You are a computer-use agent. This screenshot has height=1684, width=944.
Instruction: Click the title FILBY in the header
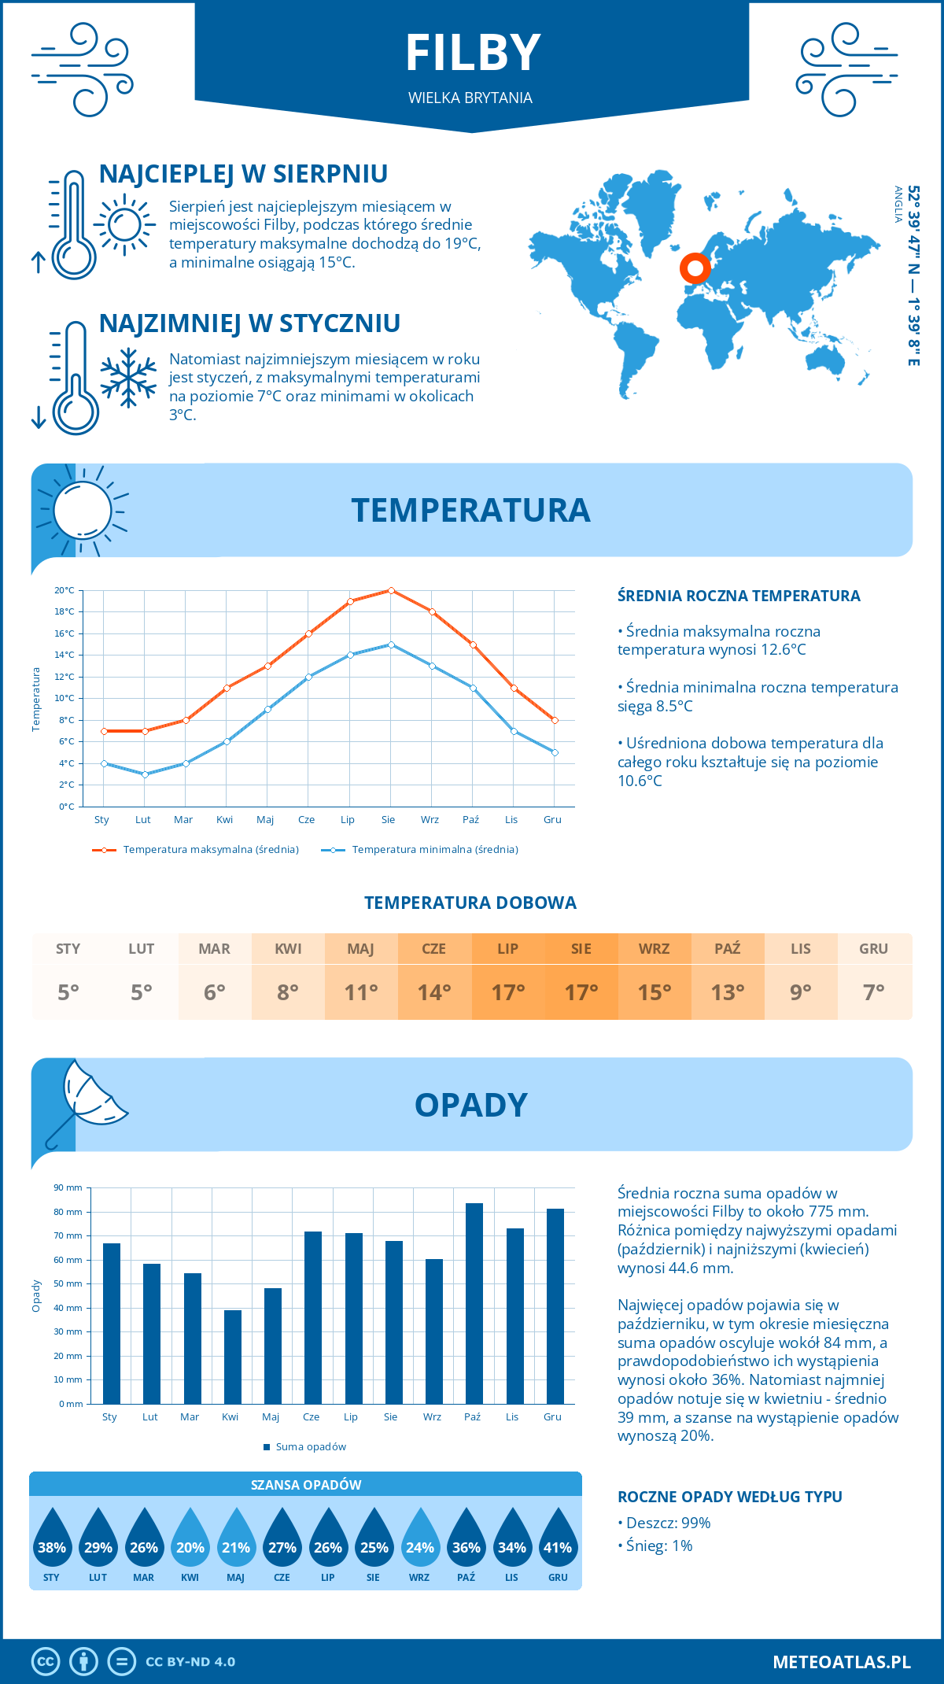coord(473,53)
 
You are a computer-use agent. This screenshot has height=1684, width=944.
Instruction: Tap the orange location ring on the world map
coord(695,268)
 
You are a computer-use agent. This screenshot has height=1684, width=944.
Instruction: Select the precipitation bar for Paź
coord(474,1303)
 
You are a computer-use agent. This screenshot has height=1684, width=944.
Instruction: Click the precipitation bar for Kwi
coord(232,1357)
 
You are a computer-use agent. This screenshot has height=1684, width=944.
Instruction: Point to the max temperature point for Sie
coord(391,590)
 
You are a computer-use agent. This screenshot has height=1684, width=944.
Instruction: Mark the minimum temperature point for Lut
coord(145,774)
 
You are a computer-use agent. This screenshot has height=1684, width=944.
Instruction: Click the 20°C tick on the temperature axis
coord(65,590)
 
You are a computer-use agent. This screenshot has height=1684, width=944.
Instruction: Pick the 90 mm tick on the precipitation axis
coord(68,1187)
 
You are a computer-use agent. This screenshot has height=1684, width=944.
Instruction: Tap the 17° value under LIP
coord(507,992)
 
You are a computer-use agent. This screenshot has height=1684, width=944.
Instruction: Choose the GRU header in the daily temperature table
coord(873,949)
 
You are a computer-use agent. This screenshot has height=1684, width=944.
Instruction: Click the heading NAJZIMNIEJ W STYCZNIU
coord(249,323)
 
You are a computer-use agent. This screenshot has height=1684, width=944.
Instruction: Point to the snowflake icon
coord(128,378)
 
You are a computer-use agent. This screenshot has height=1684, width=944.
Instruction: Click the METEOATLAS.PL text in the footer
coord(841,1662)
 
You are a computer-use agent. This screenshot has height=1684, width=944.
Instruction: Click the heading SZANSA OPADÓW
coord(305,1485)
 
